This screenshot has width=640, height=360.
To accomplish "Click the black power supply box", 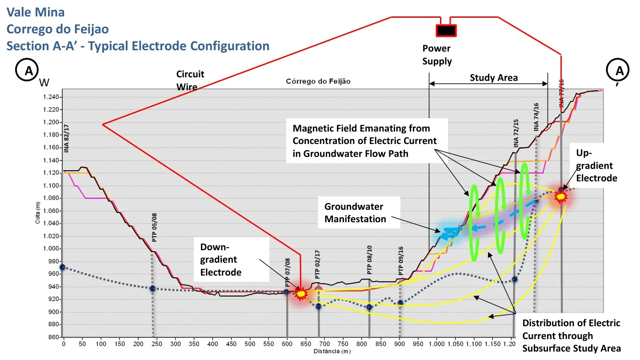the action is click(x=446, y=31).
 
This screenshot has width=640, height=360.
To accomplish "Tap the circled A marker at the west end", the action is click(x=27, y=70).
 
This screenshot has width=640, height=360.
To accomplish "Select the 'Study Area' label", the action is click(x=494, y=77).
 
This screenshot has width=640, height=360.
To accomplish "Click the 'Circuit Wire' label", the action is click(x=190, y=80).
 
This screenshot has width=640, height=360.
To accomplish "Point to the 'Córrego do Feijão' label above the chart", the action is click(x=318, y=81).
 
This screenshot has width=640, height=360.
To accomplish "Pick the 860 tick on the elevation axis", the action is click(x=53, y=337).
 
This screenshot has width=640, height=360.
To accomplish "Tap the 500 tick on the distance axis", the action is click(x=250, y=344).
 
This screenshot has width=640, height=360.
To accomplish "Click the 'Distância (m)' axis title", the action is click(x=332, y=351).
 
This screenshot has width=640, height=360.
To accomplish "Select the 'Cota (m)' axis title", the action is click(x=38, y=212).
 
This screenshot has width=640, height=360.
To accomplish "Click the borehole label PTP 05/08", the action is click(x=154, y=228).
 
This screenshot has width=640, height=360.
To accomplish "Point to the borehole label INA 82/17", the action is click(x=66, y=138).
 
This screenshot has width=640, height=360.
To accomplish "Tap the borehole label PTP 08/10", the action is click(x=369, y=260).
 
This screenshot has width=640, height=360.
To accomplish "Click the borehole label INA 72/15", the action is click(x=516, y=133).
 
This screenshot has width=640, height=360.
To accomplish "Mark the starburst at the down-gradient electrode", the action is click(x=301, y=293).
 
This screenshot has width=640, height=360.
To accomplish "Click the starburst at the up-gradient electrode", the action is click(x=560, y=196).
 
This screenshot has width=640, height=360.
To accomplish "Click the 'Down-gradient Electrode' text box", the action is click(x=232, y=259).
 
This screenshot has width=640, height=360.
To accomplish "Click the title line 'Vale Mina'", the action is click(x=36, y=12).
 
